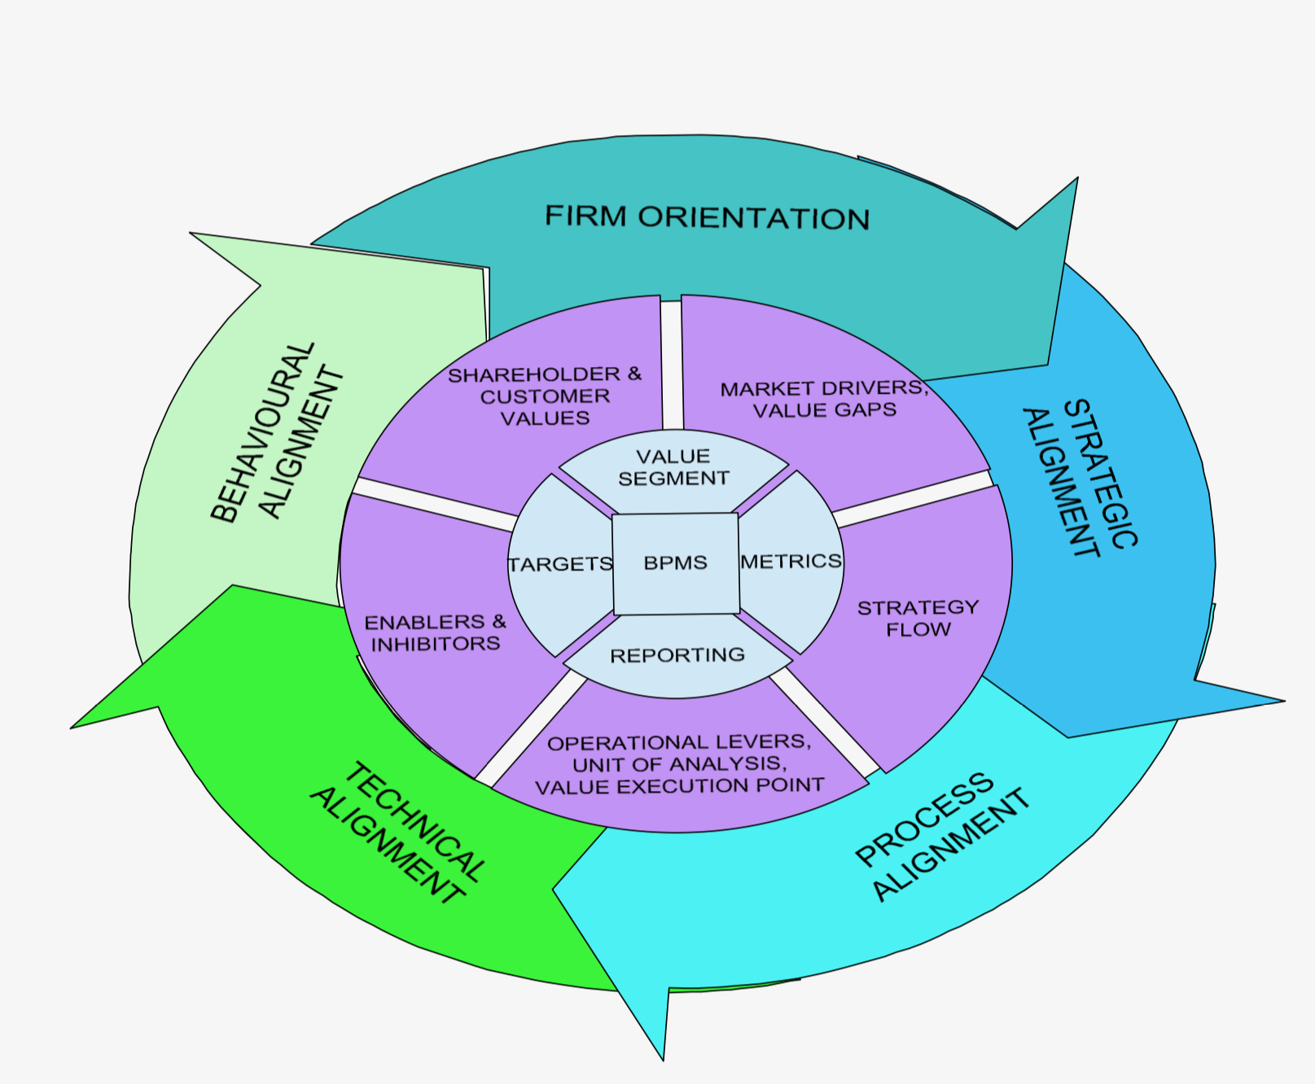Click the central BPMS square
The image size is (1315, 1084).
click(x=676, y=563)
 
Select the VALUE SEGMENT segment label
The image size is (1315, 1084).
click(x=673, y=467)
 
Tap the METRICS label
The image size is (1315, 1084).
click(x=791, y=561)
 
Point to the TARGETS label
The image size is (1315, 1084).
click(x=560, y=564)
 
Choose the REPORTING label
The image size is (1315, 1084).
click(x=677, y=655)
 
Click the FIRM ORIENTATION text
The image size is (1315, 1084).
click(x=707, y=217)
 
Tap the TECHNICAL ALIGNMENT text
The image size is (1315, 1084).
click(x=399, y=834)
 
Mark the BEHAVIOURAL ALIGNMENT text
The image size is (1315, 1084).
click(x=277, y=432)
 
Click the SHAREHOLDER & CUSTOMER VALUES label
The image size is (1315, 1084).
click(x=545, y=396)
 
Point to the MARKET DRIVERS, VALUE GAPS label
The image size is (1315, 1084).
click(x=824, y=399)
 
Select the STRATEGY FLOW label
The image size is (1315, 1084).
click(x=918, y=618)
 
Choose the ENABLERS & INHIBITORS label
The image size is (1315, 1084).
click(x=435, y=633)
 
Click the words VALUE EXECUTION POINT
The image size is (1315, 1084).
click(x=679, y=786)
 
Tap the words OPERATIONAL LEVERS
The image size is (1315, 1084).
click(x=679, y=742)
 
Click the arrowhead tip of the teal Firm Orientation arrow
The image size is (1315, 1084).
click(x=1076, y=179)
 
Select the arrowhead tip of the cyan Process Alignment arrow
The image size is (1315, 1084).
click(x=663, y=1059)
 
